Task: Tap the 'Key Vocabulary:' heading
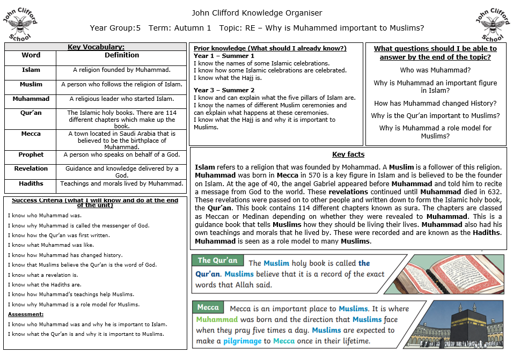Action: (96, 47)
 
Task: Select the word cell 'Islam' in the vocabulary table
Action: (31, 70)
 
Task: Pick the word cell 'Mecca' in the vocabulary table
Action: (31, 134)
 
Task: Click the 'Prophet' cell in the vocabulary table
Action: (31, 155)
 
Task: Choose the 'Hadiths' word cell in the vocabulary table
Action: (31, 183)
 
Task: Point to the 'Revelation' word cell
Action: (31, 168)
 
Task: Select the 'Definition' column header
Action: (122, 55)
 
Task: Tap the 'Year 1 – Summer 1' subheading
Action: (224, 56)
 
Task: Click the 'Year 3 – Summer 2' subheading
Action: (224, 90)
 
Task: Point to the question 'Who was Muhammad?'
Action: (435, 70)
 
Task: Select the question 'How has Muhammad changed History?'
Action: (435, 104)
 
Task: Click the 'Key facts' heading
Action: (348, 155)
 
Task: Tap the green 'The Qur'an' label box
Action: (217, 261)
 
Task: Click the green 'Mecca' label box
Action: (208, 307)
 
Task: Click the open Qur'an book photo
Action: (451, 274)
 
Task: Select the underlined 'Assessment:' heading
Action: (26, 314)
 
